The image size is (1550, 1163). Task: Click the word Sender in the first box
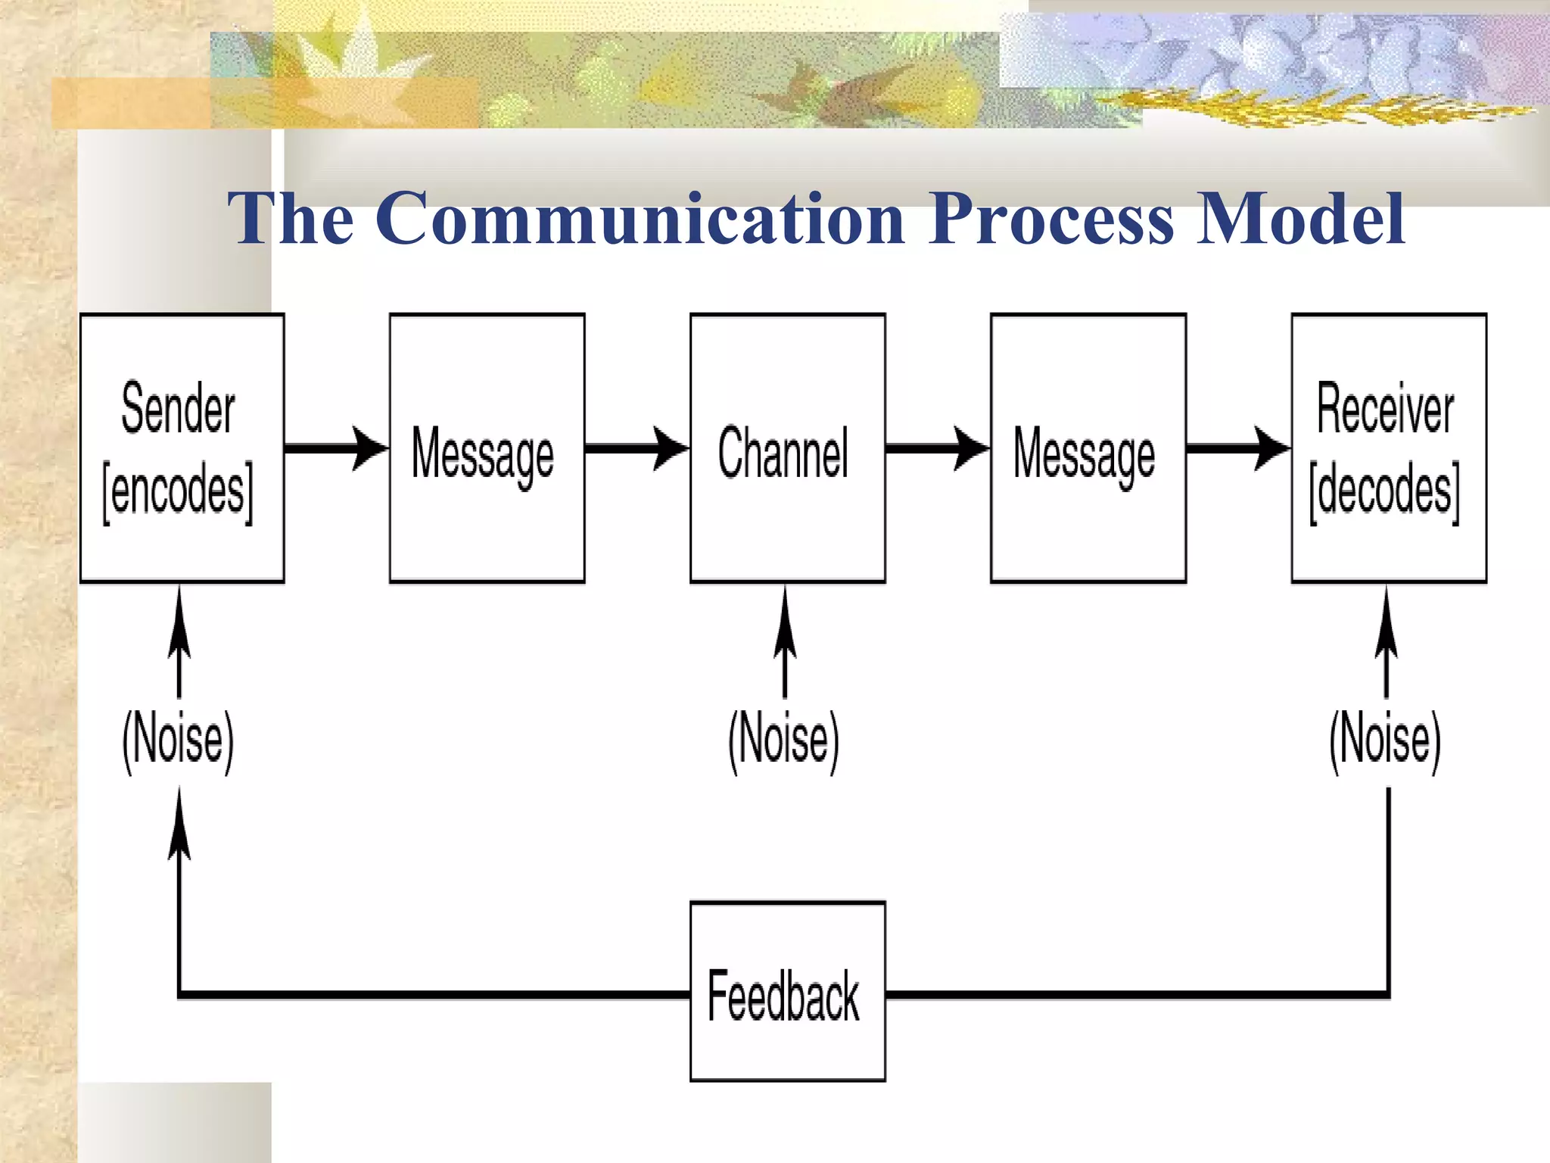tap(179, 409)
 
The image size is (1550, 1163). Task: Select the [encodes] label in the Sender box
tap(179, 492)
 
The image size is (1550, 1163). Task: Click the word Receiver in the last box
tap(1385, 409)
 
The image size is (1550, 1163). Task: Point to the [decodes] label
tap(1385, 492)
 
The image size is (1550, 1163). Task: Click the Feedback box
tap(787, 992)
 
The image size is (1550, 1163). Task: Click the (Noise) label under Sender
tap(179, 741)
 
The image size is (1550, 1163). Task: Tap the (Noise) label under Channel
tap(784, 741)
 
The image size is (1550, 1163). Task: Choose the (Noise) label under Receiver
tap(1385, 741)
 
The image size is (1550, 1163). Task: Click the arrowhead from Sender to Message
tap(371, 448)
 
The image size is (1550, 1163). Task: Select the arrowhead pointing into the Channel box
tap(671, 448)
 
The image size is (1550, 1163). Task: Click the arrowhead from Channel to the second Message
tap(971, 448)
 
